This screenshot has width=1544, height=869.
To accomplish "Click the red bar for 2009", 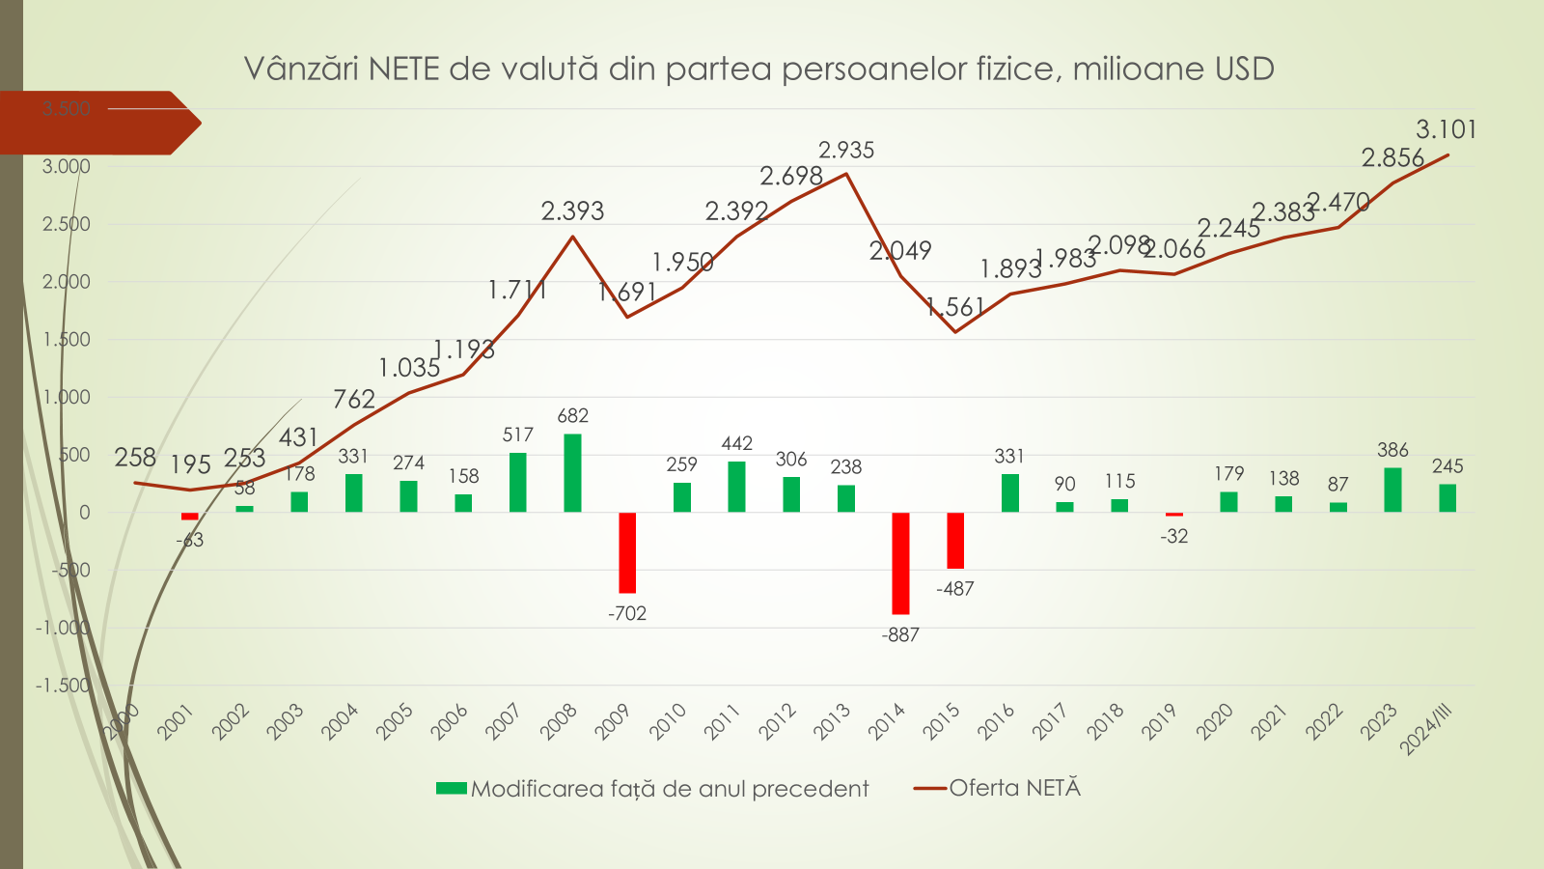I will click(x=627, y=552).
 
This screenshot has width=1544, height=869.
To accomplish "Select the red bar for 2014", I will click(x=900, y=563).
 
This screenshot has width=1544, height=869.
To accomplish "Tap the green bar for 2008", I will click(x=572, y=473).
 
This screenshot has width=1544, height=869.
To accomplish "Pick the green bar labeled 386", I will click(x=1392, y=490).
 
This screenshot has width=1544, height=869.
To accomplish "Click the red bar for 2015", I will click(x=955, y=540).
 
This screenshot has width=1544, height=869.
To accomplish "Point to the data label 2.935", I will click(x=846, y=151).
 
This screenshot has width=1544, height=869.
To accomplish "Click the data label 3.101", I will click(x=1446, y=129).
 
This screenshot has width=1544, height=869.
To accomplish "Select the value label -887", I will click(x=900, y=635).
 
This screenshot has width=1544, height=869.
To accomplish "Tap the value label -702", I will click(x=627, y=614).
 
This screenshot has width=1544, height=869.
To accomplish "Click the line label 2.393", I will click(x=572, y=211).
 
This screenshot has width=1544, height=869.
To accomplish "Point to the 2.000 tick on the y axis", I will click(x=67, y=282).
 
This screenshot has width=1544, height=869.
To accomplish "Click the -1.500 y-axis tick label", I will click(x=63, y=686).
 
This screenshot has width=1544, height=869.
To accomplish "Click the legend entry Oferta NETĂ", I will click(x=1014, y=788).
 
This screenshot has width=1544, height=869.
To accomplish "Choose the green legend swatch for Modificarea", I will click(x=451, y=789).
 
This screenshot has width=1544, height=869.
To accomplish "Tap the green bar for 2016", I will click(x=1009, y=492).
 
